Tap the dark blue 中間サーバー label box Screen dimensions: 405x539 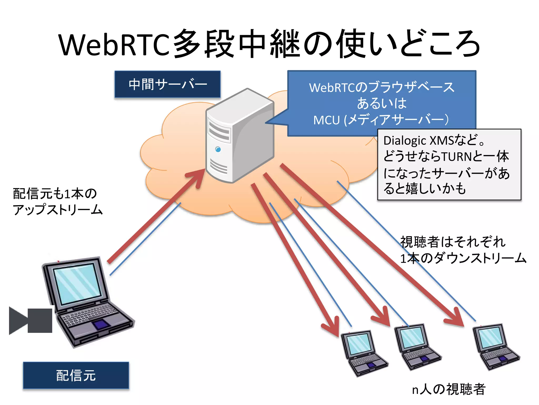click(167, 84)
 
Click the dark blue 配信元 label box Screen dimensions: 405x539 click(76, 375)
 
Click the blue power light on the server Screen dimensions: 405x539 click(218, 150)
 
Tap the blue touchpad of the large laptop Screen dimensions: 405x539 click(101, 325)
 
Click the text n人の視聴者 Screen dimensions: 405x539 click(448, 389)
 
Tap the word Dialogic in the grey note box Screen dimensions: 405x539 click(405, 141)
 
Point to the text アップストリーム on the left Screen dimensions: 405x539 click(58, 210)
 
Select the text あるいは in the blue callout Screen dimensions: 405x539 click(382, 103)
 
